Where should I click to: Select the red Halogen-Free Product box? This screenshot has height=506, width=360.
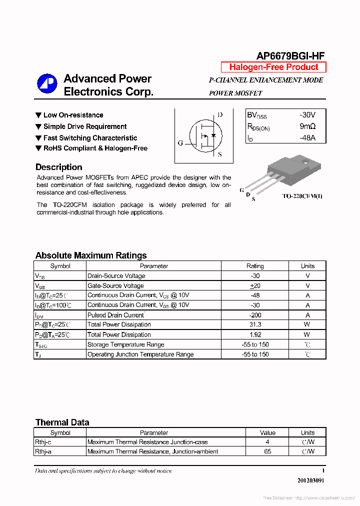(x=273, y=67)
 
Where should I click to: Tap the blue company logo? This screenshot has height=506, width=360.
(x=47, y=83)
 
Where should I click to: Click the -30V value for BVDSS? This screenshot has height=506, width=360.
(x=307, y=114)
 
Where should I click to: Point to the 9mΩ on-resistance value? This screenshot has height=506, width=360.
(x=307, y=126)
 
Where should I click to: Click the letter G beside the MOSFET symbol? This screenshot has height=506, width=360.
(x=180, y=143)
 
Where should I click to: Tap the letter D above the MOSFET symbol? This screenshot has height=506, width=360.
(x=220, y=115)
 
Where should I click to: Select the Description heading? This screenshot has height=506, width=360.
(x=58, y=167)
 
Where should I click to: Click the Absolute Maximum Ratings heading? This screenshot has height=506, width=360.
(x=91, y=255)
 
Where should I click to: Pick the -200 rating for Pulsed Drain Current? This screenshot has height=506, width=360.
(x=255, y=315)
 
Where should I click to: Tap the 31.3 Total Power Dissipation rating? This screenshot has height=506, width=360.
(x=255, y=325)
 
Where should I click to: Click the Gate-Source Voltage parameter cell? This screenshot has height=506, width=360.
(x=115, y=286)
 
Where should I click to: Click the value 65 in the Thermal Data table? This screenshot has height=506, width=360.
(x=267, y=451)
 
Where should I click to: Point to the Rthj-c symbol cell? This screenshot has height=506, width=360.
(x=43, y=442)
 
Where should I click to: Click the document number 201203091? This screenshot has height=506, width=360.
(x=310, y=480)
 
